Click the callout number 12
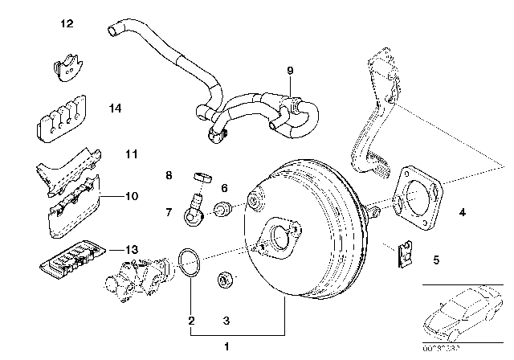point(67,24)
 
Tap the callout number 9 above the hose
point(290,72)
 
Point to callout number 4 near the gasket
point(462,213)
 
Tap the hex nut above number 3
point(224,280)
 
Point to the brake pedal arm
point(372,121)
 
